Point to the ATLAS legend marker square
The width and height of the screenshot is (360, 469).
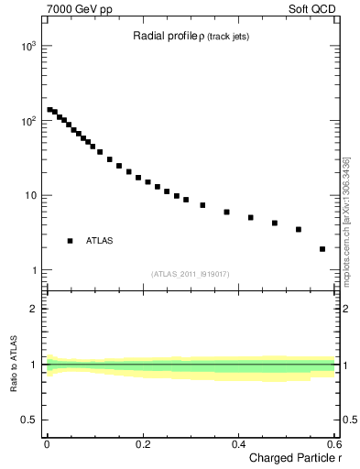(x=70, y=241)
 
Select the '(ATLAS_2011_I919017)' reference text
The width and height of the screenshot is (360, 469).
(x=191, y=273)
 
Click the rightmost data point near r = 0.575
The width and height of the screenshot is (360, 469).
(x=322, y=248)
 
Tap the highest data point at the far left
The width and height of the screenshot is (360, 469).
(x=49, y=110)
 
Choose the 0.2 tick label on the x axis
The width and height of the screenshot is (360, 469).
(x=142, y=444)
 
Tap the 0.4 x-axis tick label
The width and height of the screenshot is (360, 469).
(x=238, y=444)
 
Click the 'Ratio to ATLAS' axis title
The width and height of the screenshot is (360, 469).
(x=13, y=365)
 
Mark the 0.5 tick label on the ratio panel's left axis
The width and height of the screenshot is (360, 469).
(x=28, y=420)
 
